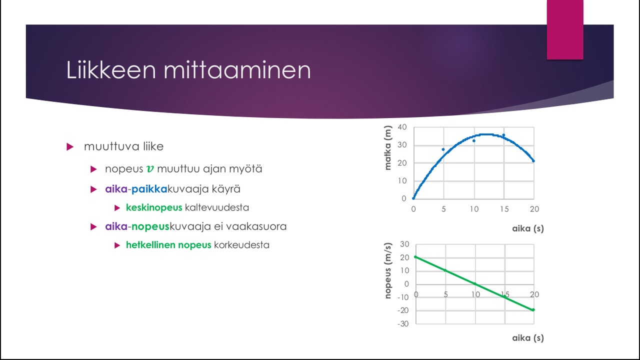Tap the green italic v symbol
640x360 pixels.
click(150, 169)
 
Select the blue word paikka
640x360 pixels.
click(149, 189)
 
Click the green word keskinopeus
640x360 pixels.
click(154, 207)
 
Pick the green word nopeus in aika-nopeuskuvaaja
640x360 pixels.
click(150, 227)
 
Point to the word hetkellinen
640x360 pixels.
click(150, 245)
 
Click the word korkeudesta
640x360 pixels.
click(241, 245)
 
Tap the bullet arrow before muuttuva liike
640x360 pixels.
click(70, 147)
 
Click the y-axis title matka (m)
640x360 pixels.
click(387, 147)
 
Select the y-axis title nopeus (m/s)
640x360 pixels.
click(387, 270)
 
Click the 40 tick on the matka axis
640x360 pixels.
click(402, 127)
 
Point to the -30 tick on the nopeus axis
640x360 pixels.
click(403, 323)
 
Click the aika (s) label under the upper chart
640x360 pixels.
click(528, 228)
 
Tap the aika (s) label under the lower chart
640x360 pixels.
click(528, 338)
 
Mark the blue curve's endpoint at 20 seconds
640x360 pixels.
click(533, 161)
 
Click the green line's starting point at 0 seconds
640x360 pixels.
click(415, 257)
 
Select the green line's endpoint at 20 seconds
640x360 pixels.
click(533, 309)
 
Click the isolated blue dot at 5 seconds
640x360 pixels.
click(443, 149)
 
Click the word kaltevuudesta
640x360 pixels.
click(217, 207)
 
